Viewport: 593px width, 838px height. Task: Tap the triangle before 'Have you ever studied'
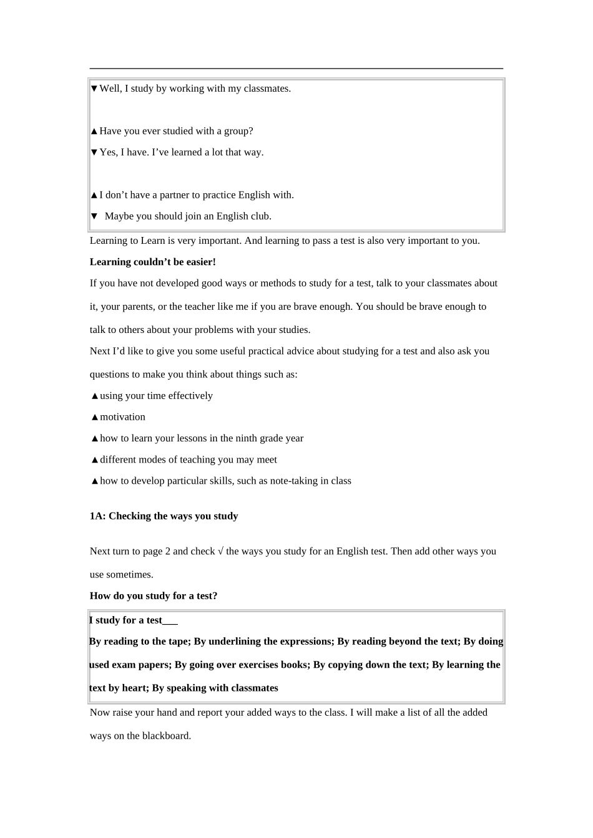click(x=94, y=132)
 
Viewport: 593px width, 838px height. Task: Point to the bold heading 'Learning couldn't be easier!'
click(x=153, y=262)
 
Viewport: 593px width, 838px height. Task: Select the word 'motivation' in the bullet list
click(x=122, y=417)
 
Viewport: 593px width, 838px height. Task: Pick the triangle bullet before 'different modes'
click(x=95, y=460)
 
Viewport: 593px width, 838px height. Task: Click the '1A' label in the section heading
click(x=96, y=516)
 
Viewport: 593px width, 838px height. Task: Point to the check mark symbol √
click(x=220, y=551)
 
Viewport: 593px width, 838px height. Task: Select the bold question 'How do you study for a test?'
click(x=154, y=596)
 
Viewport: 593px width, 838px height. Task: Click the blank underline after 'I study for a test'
click(x=170, y=620)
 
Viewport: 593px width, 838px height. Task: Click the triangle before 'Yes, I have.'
click(x=94, y=153)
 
